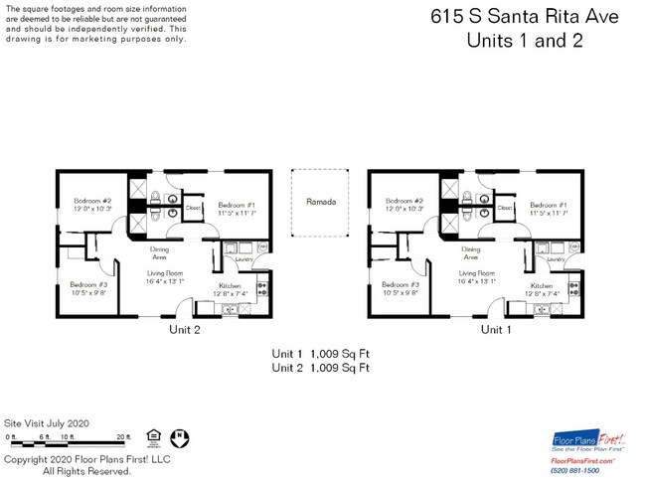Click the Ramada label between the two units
[320, 202]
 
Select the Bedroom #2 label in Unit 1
[404, 204]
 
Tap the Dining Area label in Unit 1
[471, 252]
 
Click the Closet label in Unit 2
[192, 208]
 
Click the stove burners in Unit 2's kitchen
[262, 290]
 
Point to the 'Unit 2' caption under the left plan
[185, 330]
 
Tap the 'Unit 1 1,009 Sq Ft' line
[320, 353]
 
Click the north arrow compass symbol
[180, 436]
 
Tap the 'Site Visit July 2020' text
[47, 421]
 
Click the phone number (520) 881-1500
[583, 471]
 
